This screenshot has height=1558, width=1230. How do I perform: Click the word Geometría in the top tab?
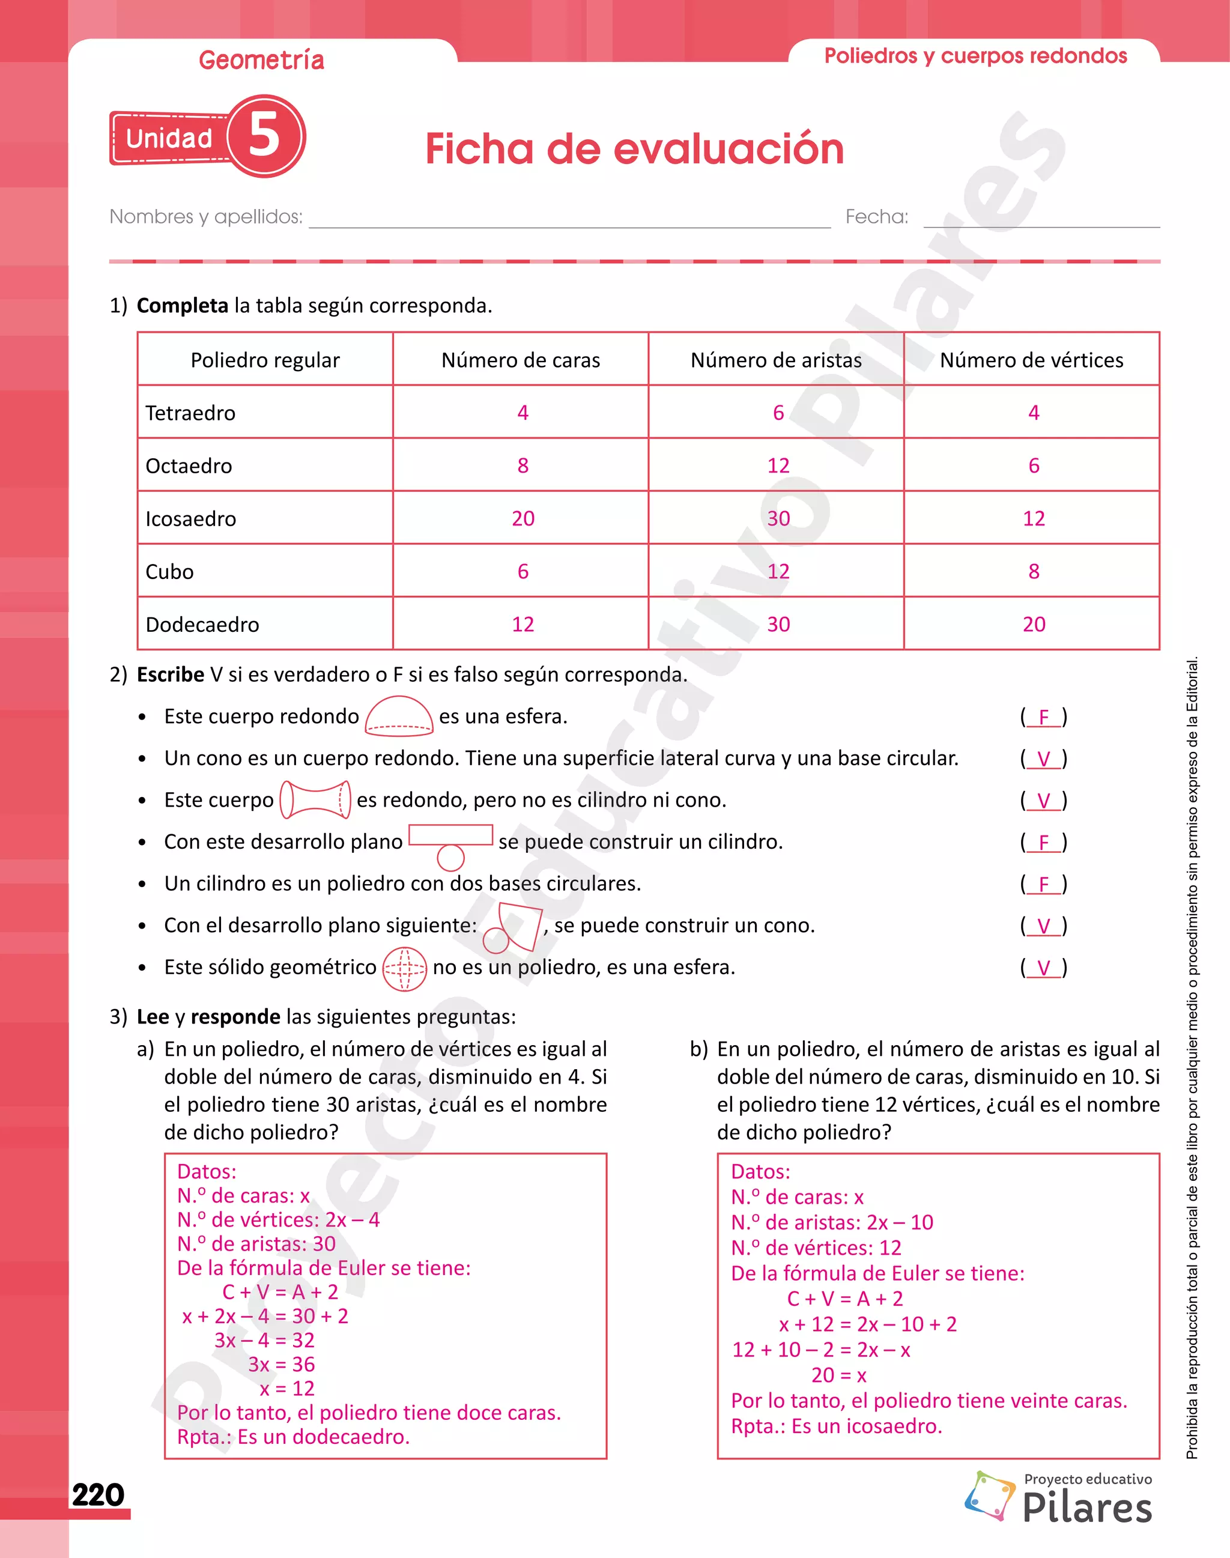pyautogui.click(x=261, y=60)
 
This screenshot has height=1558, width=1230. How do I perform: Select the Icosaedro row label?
pyautogui.click(x=191, y=518)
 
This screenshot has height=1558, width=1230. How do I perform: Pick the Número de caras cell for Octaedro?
pyautogui.click(x=523, y=465)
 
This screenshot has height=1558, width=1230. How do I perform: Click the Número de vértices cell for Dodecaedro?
pyautogui.click(x=1034, y=624)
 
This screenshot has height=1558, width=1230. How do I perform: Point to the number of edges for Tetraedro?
pyautogui.click(x=778, y=413)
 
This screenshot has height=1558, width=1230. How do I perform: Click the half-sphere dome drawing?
pyautogui.click(x=399, y=716)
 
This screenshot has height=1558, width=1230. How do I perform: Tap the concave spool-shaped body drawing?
pyautogui.click(x=315, y=799)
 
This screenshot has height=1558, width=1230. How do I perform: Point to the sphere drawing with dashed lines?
pyautogui.click(x=404, y=969)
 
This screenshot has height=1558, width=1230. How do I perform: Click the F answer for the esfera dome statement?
pyautogui.click(x=1043, y=717)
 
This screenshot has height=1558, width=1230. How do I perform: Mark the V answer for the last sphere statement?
pyautogui.click(x=1043, y=968)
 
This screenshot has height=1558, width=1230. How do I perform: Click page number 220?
pyautogui.click(x=98, y=1494)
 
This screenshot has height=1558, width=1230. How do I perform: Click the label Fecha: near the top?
pyautogui.click(x=876, y=217)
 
